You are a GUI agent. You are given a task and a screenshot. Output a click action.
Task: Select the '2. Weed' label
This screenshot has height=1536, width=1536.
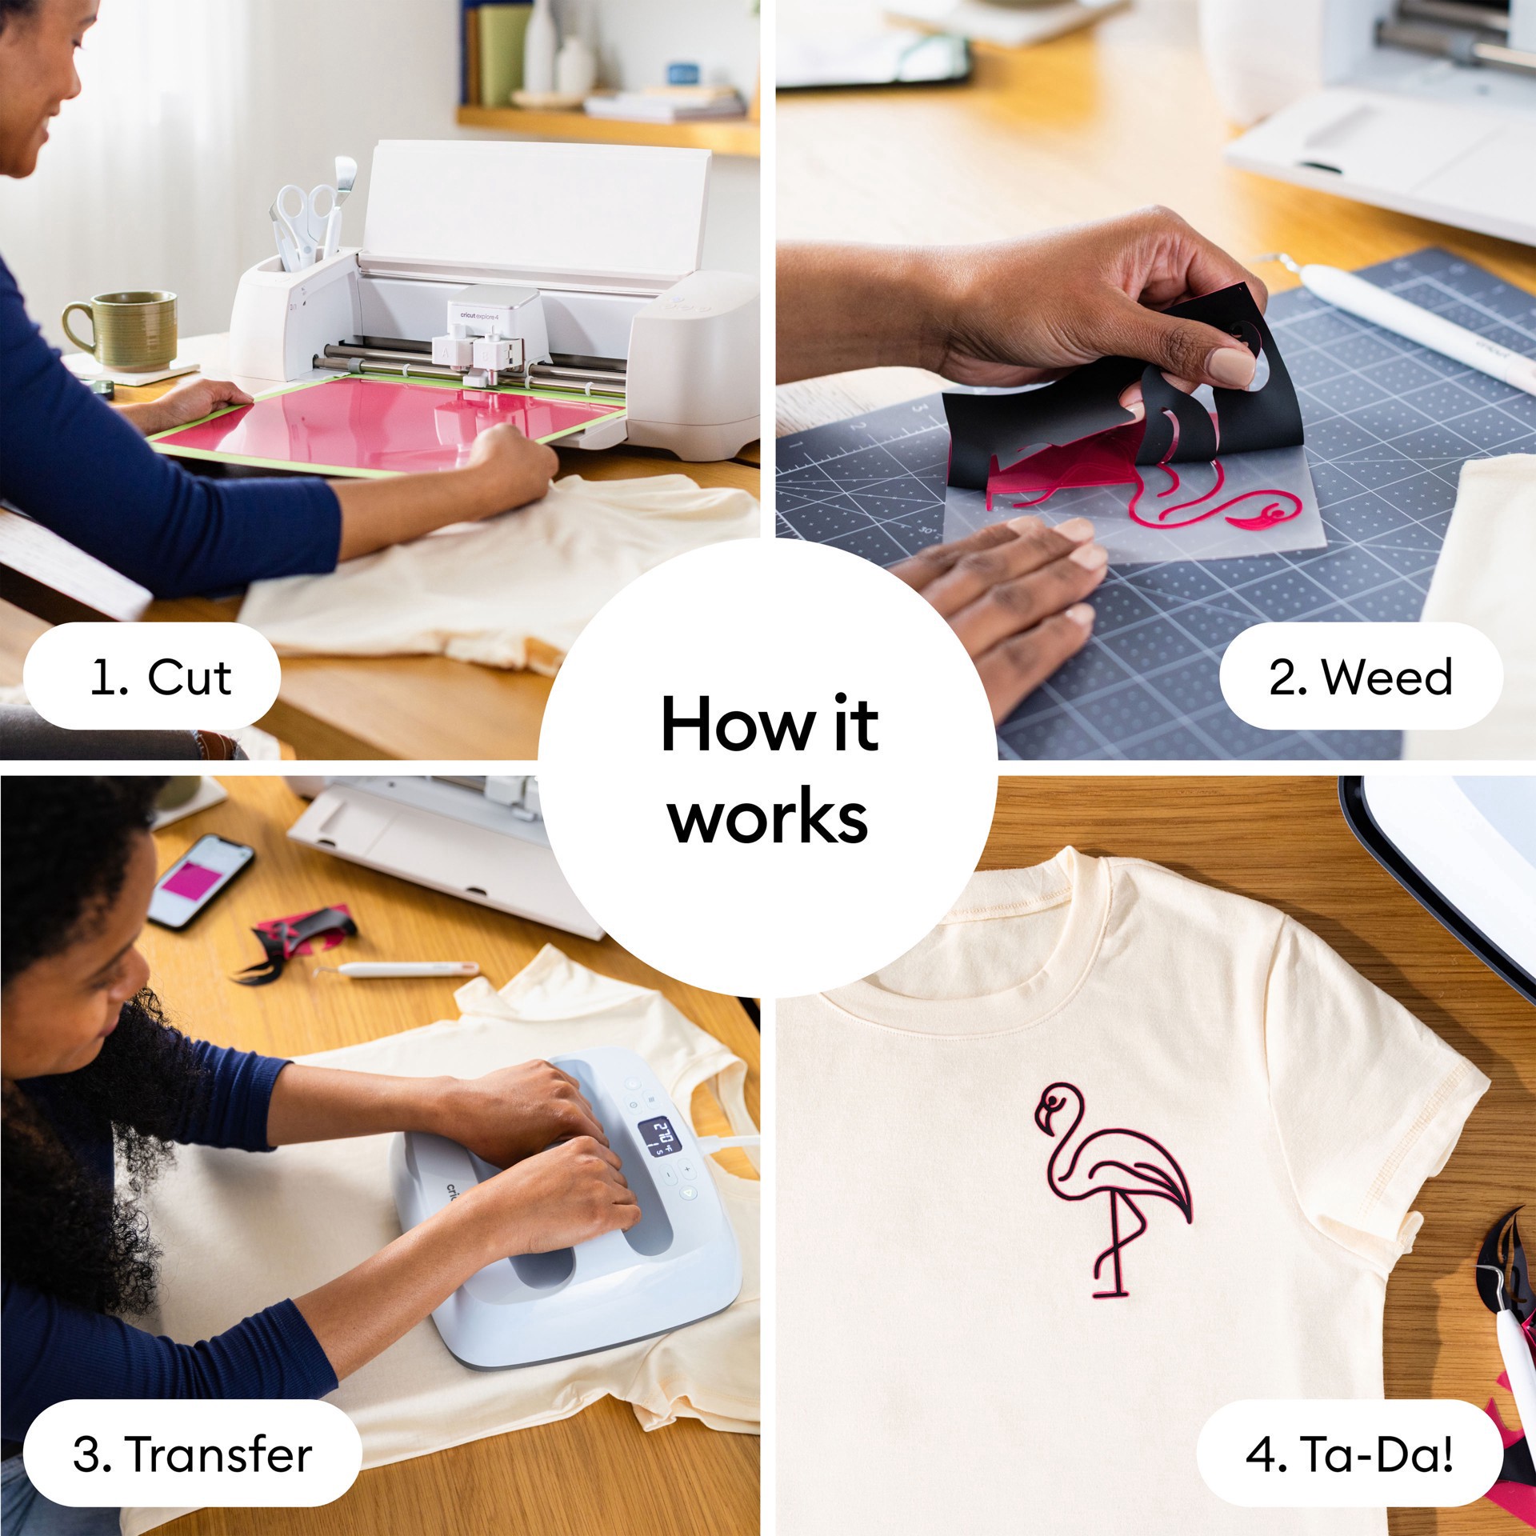1360,677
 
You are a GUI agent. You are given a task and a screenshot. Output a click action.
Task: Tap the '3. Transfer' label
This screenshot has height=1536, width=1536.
192,1454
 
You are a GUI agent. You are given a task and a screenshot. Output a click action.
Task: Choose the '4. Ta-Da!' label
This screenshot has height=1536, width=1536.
1350,1454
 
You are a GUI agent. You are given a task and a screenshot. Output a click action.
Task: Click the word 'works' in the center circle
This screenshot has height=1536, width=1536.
768,818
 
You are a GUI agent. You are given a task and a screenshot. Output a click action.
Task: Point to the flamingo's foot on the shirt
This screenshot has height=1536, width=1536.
1112,1293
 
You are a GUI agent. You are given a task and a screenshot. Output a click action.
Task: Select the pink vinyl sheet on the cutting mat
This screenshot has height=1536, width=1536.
384,424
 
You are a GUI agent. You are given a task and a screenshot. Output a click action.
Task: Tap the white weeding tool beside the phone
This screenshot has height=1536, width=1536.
400,969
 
